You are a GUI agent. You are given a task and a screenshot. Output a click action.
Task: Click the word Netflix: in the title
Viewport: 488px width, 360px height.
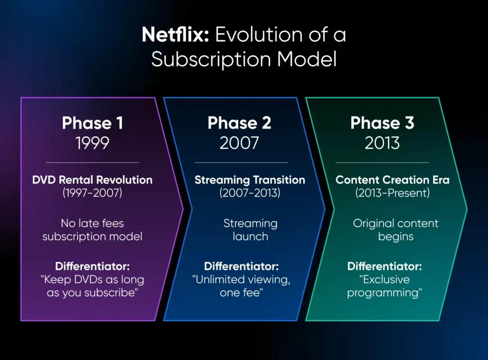click(175, 34)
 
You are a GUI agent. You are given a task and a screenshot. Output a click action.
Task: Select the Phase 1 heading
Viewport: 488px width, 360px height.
click(92, 123)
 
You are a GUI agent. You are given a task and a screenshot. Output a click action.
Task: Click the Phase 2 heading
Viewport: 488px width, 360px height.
click(239, 123)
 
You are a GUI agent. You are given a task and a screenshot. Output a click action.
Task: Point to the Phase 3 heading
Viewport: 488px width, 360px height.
click(382, 123)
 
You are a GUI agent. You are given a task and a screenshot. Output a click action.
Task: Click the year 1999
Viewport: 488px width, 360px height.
click(92, 143)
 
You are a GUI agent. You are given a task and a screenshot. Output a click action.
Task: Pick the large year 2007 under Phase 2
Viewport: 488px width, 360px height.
click(239, 143)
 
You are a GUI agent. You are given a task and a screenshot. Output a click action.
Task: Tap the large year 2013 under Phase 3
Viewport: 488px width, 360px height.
click(382, 143)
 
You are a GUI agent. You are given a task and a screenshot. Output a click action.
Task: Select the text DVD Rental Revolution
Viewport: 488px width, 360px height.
click(92, 180)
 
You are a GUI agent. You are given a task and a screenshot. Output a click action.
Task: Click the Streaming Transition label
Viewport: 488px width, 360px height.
click(250, 180)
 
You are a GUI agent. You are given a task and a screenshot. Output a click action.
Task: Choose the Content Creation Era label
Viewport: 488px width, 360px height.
click(393, 180)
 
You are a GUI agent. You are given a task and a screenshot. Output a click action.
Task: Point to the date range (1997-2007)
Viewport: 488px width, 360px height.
click(92, 193)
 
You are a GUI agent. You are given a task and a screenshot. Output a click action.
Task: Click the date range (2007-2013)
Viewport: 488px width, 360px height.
click(250, 193)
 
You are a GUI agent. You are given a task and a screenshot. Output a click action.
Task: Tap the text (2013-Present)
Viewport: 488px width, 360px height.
click(393, 193)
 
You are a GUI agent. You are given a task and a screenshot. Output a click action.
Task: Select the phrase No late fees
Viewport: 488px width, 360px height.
click(92, 223)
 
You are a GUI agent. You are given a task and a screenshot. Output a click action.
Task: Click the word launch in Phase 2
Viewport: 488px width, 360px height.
click(251, 237)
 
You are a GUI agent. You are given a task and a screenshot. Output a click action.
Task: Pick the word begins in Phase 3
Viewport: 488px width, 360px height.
click(396, 237)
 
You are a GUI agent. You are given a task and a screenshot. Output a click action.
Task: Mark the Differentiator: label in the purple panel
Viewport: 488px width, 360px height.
click(92, 266)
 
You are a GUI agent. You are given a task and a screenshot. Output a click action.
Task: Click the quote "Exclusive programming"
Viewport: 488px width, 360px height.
click(385, 286)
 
